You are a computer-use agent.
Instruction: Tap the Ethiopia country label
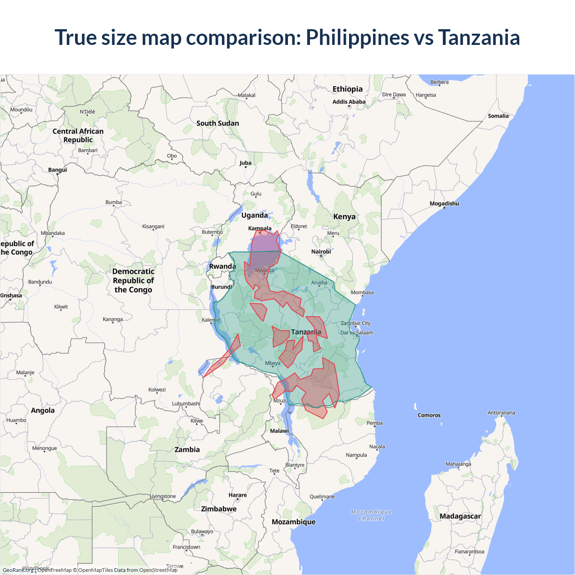pos(347,89)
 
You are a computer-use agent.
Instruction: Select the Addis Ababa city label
pos(349,102)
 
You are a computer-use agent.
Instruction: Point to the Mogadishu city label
pos(444,203)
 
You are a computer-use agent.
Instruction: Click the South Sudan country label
pos(217,123)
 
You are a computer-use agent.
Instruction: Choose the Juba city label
pos(245,163)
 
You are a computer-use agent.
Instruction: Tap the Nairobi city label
pos(321,252)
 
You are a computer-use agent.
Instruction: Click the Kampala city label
pos(260,228)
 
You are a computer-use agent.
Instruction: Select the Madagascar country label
pos(460,516)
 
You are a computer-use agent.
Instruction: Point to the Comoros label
pos(429,415)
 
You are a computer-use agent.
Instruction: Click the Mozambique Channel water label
pos(371,515)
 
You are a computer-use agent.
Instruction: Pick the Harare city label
pos(238,495)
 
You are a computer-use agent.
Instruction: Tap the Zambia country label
pos(187,449)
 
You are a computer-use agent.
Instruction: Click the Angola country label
pos(43,410)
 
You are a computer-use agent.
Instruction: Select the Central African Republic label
pos(78,135)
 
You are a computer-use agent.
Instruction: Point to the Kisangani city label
pos(153,226)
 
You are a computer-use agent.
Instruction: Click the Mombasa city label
pos(362,292)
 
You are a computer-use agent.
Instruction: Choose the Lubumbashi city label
pos(186,403)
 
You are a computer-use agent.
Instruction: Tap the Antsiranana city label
pos(501,412)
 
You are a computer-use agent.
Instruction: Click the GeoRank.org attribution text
pos(18,570)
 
